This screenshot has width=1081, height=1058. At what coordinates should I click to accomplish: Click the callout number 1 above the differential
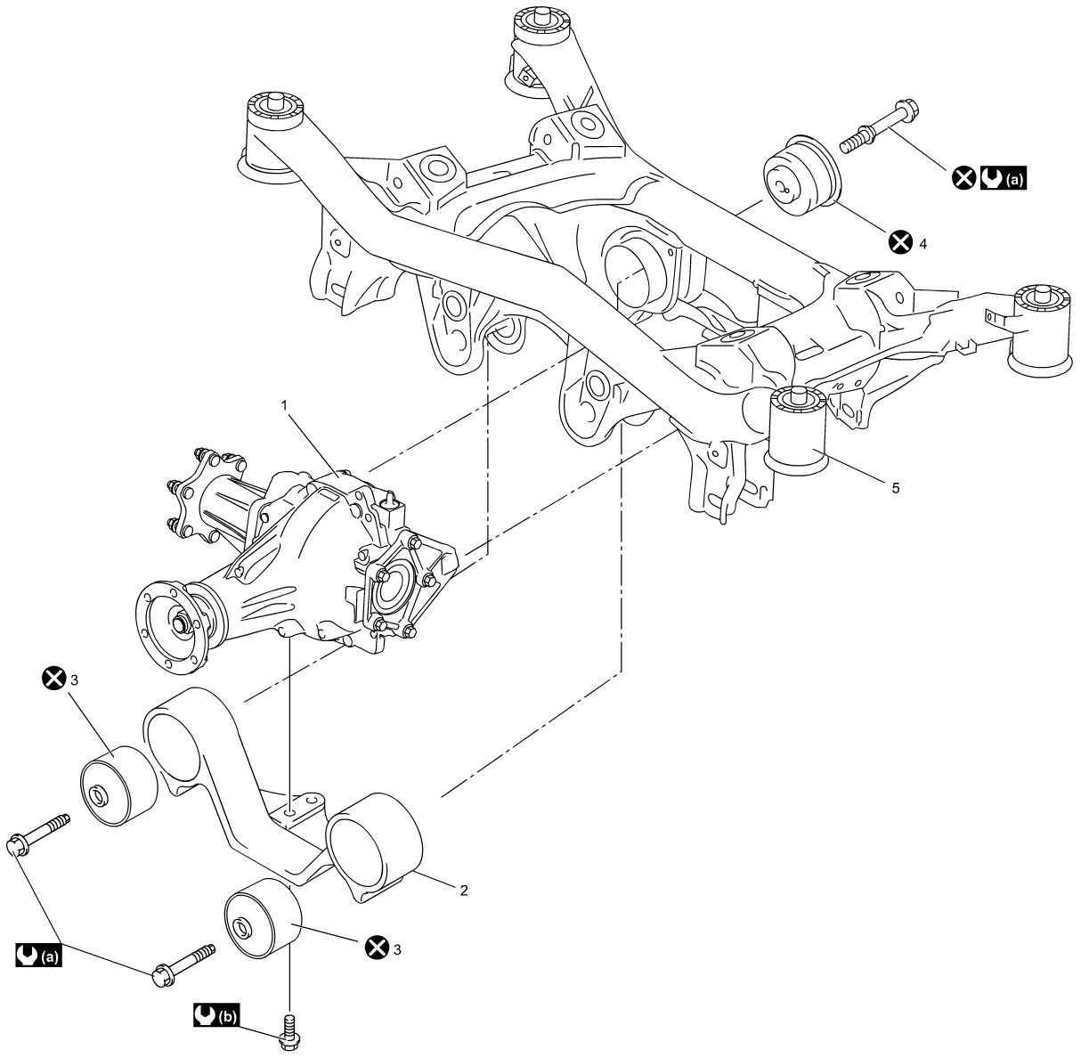point(284,406)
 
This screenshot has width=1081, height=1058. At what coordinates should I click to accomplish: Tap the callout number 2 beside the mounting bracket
point(464,891)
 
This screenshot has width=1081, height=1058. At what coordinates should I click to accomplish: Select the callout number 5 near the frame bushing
point(896,488)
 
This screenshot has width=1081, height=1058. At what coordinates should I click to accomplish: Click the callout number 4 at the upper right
point(923,243)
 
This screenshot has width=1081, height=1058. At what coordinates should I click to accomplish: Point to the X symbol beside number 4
point(900,242)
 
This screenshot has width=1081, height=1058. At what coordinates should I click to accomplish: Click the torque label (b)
point(216,1016)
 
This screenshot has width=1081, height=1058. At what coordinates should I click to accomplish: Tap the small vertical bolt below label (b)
point(289,1033)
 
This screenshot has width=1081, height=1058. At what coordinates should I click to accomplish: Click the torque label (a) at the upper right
point(1004,178)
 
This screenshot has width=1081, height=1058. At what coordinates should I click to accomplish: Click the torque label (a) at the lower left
point(38,955)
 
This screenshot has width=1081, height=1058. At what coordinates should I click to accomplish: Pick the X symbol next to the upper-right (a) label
point(963,178)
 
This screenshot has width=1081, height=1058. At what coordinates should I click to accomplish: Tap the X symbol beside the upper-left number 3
point(54,678)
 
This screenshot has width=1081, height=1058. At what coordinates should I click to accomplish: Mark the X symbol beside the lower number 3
point(376,947)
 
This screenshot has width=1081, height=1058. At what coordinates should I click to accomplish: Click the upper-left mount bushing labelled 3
point(119,786)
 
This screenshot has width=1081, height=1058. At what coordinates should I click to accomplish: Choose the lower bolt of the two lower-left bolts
point(183,965)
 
